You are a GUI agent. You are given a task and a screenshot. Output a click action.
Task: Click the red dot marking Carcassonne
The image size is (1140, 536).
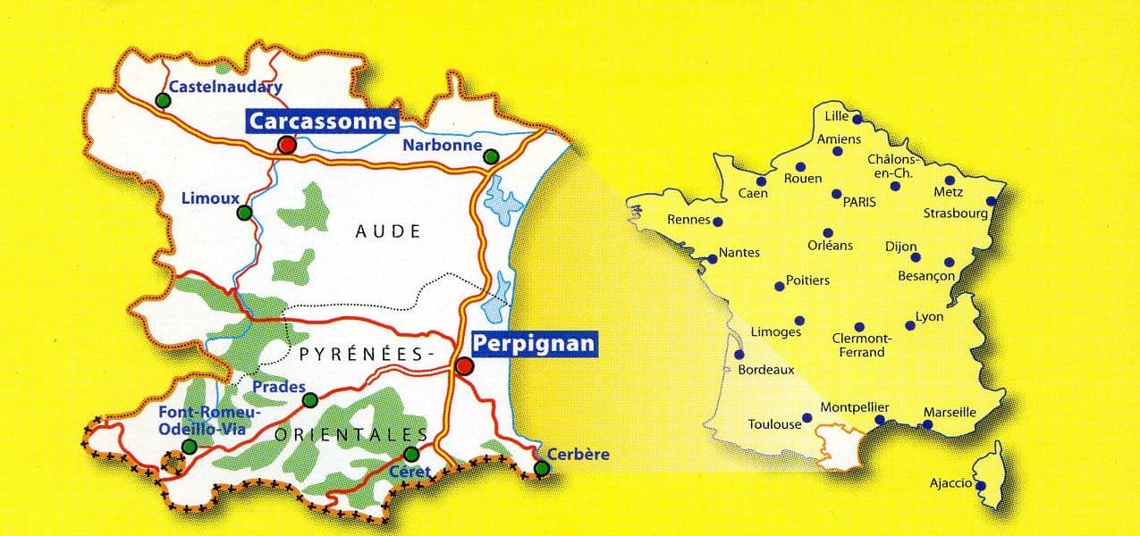click(286, 145)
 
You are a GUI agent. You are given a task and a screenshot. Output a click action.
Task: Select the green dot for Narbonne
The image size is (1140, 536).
click(491, 157)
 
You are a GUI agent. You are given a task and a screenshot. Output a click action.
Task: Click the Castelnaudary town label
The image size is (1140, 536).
click(225, 87)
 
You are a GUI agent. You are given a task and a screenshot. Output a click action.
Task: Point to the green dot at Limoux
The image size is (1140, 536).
click(244, 213)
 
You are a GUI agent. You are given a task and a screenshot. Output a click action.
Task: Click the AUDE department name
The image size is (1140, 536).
click(387, 231)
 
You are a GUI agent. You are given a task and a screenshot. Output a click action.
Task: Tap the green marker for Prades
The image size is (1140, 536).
click(309, 399)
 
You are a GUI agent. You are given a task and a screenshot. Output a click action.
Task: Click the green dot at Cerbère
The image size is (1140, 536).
click(541, 468)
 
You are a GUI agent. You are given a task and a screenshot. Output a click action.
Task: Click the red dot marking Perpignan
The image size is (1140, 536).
click(463, 366)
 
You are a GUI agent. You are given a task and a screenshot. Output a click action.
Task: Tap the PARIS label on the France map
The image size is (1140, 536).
click(859, 202)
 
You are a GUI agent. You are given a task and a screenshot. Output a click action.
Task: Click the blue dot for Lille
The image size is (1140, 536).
click(857, 119)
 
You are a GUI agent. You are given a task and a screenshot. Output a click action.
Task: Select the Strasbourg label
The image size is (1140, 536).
click(955, 214)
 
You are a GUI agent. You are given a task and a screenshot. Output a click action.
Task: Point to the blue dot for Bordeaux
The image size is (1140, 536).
click(739, 355)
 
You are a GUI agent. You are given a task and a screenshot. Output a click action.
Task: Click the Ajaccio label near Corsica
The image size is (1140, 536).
click(950, 483)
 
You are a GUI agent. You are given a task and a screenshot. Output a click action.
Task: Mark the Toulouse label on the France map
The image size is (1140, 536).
click(774, 424)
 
